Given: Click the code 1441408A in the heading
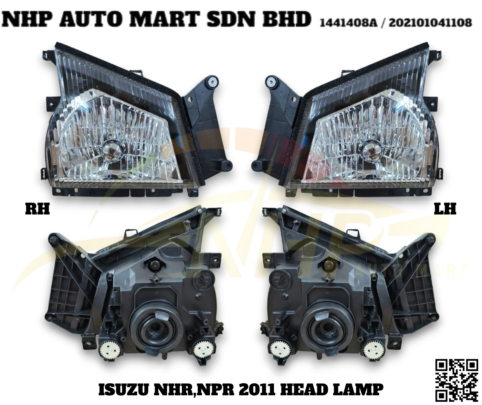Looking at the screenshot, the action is point(348,23).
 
